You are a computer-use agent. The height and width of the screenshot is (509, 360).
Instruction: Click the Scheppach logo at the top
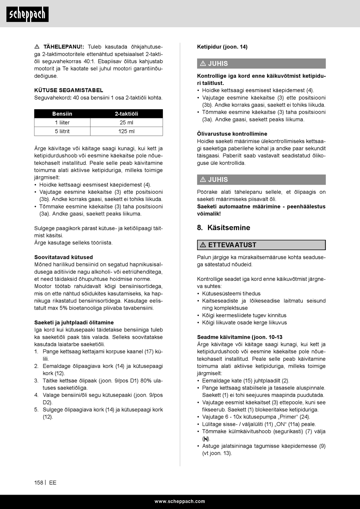27,14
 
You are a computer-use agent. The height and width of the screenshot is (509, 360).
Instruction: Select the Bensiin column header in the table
62,114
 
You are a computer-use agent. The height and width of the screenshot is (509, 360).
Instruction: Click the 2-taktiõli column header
127,114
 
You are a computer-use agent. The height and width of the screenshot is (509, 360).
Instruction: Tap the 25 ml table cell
127,122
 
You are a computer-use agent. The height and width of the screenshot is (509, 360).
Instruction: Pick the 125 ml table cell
127,131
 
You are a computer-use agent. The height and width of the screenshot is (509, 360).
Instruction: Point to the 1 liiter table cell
62,122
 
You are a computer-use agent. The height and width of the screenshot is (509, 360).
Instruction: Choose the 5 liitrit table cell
62,131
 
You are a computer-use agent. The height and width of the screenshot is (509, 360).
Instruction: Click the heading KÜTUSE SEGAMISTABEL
69,90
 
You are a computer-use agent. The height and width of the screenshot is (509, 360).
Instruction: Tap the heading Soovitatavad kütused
63,257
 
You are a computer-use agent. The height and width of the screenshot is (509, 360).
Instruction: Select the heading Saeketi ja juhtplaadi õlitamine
74,323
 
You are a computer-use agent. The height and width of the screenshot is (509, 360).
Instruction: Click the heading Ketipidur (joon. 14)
222,47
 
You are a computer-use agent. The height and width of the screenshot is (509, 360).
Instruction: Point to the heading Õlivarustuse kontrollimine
232,134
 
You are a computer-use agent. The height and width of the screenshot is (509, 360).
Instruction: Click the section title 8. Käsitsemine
224,228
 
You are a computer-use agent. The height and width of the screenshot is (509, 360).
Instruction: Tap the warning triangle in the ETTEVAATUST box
203,245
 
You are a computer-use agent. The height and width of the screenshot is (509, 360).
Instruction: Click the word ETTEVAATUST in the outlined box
232,245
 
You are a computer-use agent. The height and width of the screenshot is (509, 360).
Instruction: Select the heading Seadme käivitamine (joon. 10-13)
239,337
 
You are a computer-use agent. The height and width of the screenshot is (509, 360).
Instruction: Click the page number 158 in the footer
39,482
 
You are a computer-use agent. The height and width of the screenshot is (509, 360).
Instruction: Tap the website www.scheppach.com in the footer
180,501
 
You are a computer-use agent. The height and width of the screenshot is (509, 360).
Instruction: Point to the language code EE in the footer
53,482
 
